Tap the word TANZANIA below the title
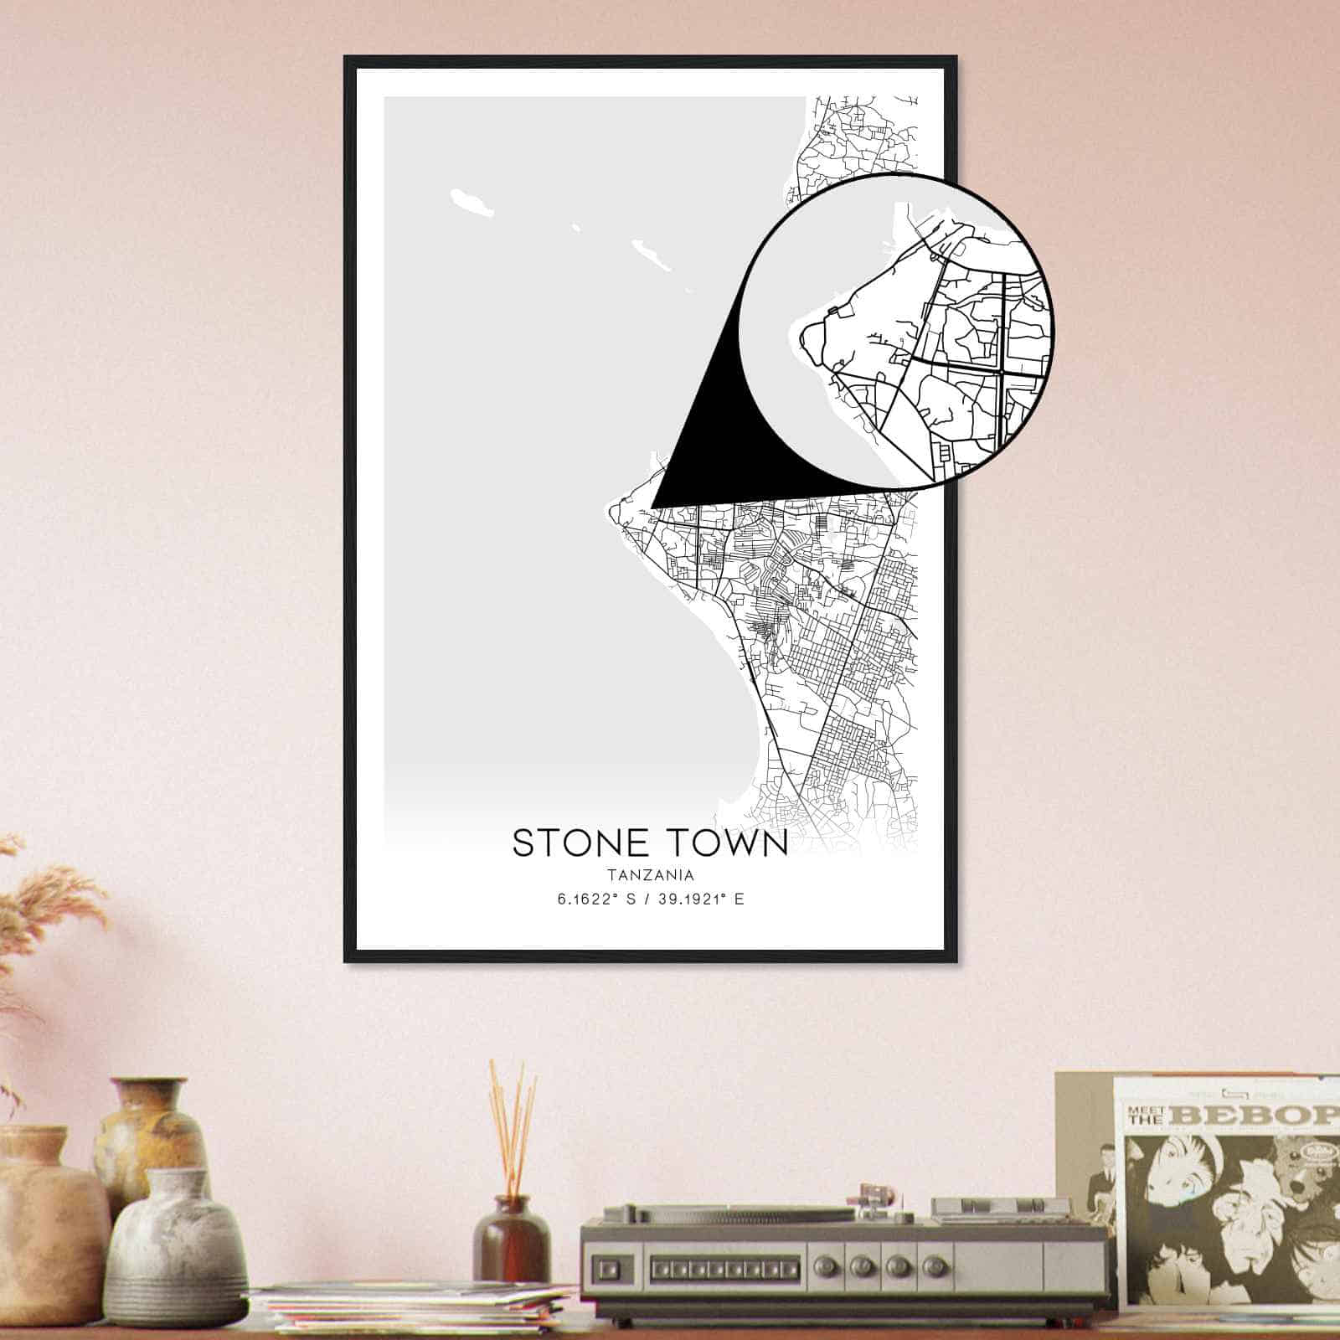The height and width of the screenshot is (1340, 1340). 650,876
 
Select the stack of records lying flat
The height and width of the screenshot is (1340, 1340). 410,1307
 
